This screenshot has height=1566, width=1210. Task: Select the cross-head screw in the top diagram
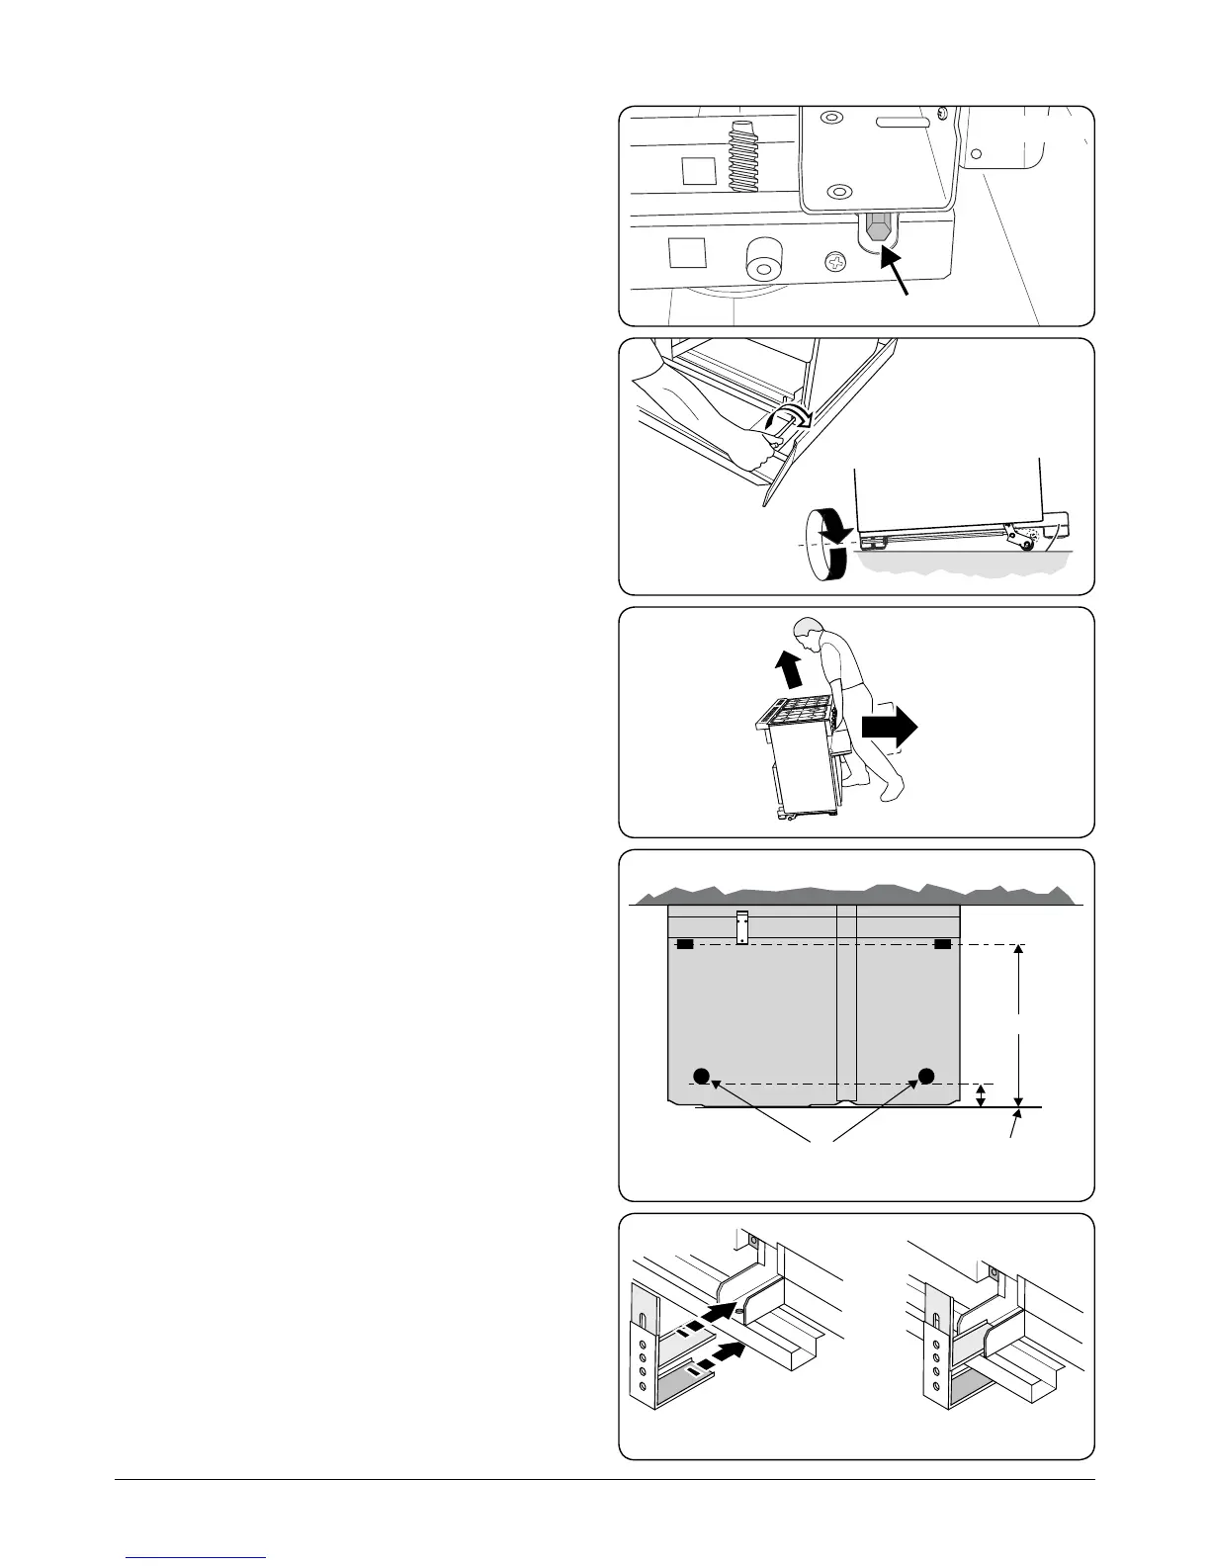[x=836, y=262]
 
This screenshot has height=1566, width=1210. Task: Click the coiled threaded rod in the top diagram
[x=745, y=156]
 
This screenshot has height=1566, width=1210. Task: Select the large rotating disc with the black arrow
[x=826, y=543]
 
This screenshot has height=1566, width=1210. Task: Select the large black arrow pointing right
[x=889, y=728]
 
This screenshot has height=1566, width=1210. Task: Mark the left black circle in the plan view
[x=701, y=1076]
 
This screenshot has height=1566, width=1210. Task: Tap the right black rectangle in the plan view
[x=942, y=945]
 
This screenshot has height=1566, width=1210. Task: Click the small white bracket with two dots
[x=743, y=925]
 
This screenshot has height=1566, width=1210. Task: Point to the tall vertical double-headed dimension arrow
[x=1018, y=1023]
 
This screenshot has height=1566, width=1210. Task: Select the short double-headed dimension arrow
[x=981, y=1095]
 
